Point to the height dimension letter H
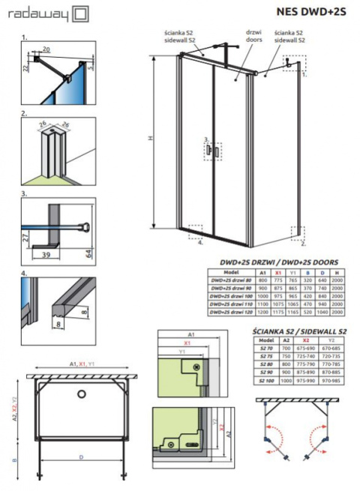coord(150,139)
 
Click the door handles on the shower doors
coord(211,151)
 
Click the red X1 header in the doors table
coord(280,272)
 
